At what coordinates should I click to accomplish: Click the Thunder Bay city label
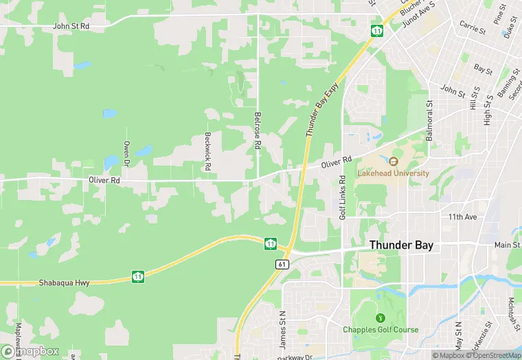click(401, 245)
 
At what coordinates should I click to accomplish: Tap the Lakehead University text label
click(393, 173)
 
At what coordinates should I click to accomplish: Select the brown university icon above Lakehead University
click(393, 161)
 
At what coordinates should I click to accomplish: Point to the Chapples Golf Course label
click(381, 330)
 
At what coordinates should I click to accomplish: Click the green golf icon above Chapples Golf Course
click(380, 318)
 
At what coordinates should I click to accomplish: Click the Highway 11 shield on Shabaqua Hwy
click(138, 277)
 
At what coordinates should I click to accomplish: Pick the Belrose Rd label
click(258, 131)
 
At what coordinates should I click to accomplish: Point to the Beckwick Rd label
click(207, 151)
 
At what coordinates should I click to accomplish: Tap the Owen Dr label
click(126, 154)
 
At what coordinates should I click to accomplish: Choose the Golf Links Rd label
click(342, 197)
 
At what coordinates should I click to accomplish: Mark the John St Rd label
click(71, 25)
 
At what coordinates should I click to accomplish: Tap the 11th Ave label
click(462, 217)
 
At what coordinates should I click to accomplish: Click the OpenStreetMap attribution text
click(495, 355)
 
